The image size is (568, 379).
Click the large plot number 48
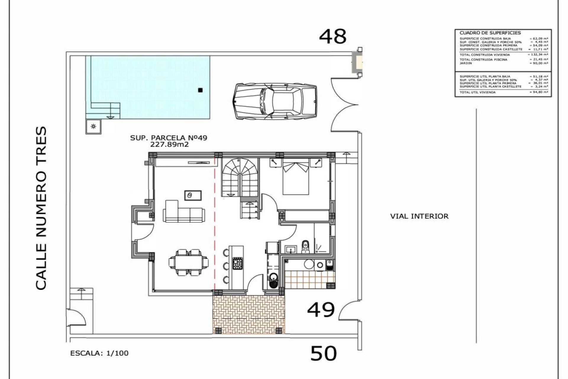[x=333, y=37]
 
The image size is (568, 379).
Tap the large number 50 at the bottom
[x=323, y=353]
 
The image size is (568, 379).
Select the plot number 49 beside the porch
[x=321, y=310]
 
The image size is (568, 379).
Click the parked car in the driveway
[x=275, y=101]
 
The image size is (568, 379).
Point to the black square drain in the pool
[x=200, y=90]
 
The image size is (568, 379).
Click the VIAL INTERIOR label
[x=419, y=216]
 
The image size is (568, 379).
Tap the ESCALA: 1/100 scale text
[x=99, y=353]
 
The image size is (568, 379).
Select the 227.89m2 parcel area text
[x=169, y=144]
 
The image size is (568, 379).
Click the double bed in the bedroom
[x=296, y=179]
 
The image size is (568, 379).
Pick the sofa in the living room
[x=183, y=212]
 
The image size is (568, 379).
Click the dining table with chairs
[x=189, y=262]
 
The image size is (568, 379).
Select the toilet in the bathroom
[x=305, y=247]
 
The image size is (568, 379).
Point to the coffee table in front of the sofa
[x=193, y=195]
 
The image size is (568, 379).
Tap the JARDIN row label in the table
[x=466, y=63]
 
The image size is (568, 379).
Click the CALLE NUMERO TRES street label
[x=41, y=208]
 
